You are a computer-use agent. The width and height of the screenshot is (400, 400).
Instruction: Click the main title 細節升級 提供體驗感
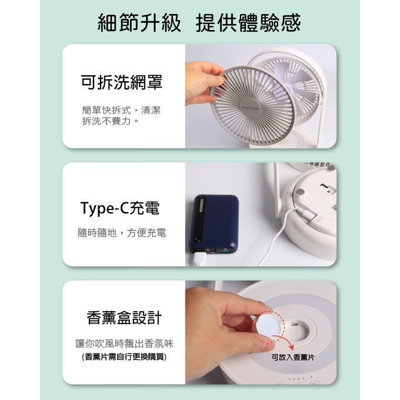199,24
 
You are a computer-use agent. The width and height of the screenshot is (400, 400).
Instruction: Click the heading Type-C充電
120,208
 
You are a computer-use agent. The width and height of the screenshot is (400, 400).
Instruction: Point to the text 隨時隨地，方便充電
122,233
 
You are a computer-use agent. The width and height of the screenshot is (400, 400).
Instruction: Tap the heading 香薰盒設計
124,318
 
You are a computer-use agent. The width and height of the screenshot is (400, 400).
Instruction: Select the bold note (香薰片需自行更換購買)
124,357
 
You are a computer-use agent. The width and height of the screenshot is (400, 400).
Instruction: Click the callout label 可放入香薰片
292,358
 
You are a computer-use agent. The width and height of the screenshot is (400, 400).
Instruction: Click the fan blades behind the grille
300,82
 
